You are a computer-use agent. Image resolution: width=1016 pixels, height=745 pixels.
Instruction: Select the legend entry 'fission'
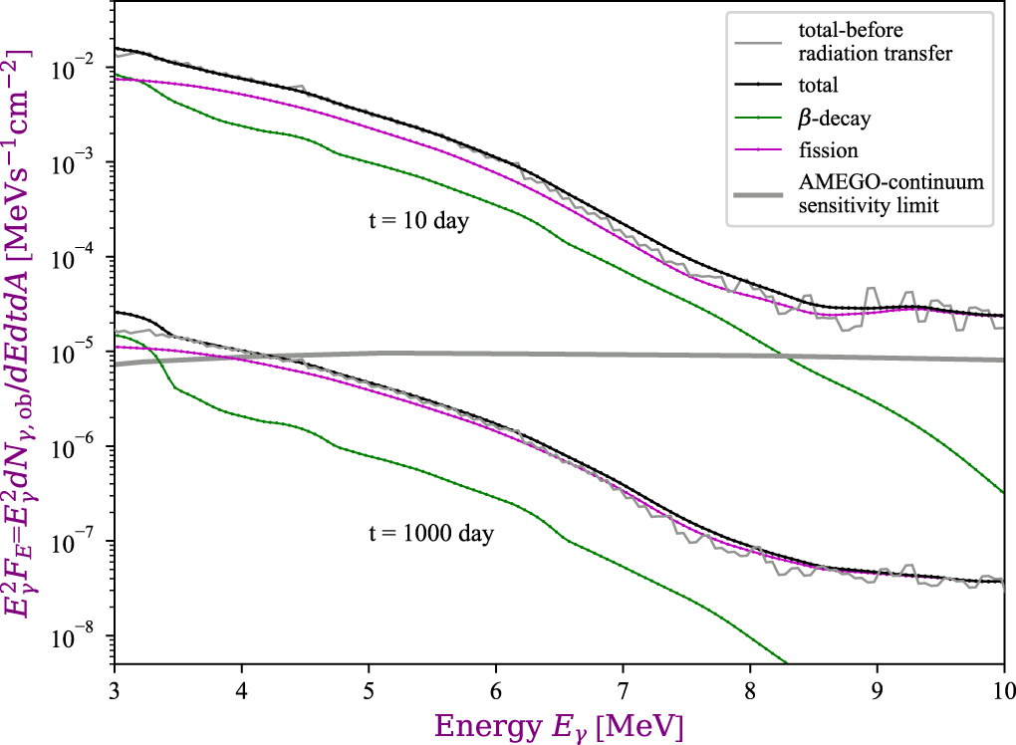(x=828, y=150)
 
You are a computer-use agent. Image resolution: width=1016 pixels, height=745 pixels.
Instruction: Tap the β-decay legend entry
(x=836, y=119)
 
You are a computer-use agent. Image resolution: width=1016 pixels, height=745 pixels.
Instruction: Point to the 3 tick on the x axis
(x=115, y=688)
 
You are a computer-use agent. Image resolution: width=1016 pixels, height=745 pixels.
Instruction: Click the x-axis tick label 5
(x=369, y=688)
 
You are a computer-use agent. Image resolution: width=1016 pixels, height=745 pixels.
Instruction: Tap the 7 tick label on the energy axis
(x=624, y=688)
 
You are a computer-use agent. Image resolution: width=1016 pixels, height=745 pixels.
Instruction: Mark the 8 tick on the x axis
(x=750, y=688)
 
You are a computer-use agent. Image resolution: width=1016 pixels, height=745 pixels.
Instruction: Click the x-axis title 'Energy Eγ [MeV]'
(x=559, y=724)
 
